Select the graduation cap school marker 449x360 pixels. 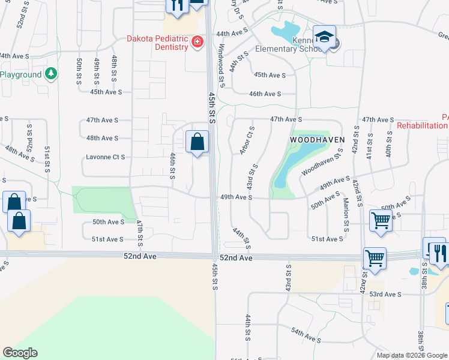pos(324,37)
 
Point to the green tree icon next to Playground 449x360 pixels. pos(51,74)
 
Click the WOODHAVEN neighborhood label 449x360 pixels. pos(317,139)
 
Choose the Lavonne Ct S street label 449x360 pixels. pos(105,157)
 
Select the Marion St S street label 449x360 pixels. pos(346,215)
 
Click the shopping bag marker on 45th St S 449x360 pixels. pos(197,143)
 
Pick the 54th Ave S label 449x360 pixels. pos(307,335)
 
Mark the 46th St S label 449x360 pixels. pos(172,166)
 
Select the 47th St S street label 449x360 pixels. pos(139,233)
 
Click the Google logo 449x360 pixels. pos(20,353)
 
